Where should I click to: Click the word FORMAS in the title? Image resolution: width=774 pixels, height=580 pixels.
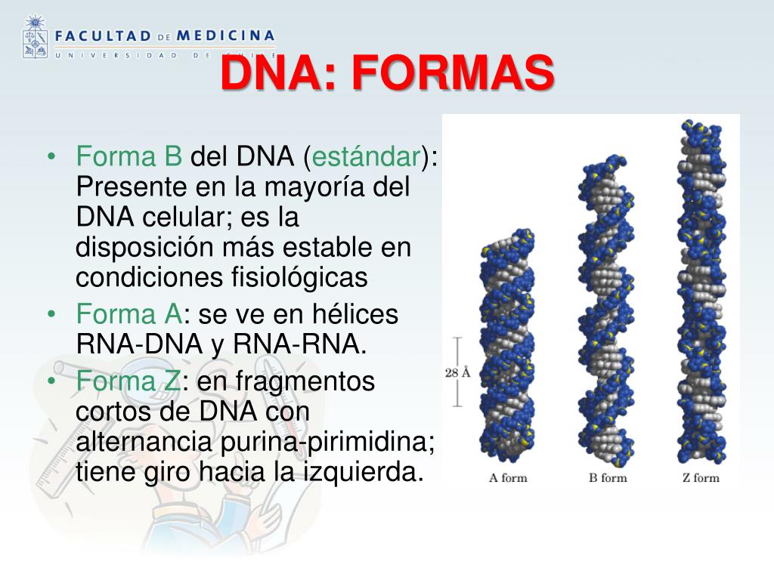click(x=454, y=76)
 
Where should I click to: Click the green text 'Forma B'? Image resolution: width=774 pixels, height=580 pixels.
click(x=129, y=158)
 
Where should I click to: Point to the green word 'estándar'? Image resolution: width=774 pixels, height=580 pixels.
click(x=367, y=158)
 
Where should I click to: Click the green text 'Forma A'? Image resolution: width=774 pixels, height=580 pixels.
click(x=129, y=314)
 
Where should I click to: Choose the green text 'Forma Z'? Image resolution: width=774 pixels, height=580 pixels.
click(x=128, y=381)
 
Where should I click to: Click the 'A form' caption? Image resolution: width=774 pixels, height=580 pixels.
click(x=508, y=477)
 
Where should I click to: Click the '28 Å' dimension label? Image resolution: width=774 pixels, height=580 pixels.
click(x=458, y=372)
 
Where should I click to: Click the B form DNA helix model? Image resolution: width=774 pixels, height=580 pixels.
click(x=603, y=310)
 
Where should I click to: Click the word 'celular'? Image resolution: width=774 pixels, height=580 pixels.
click(x=182, y=217)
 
